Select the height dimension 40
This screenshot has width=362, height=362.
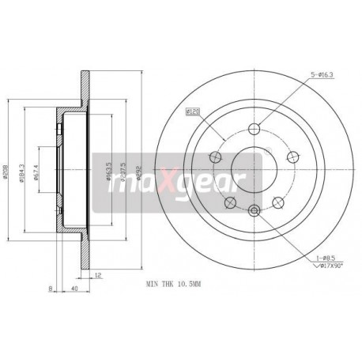(x=73, y=288)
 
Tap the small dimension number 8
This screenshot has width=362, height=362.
(x=51, y=288)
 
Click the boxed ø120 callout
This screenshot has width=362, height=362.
(x=190, y=111)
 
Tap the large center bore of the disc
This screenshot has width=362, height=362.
(x=254, y=170)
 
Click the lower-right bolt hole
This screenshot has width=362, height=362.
(x=277, y=202)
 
